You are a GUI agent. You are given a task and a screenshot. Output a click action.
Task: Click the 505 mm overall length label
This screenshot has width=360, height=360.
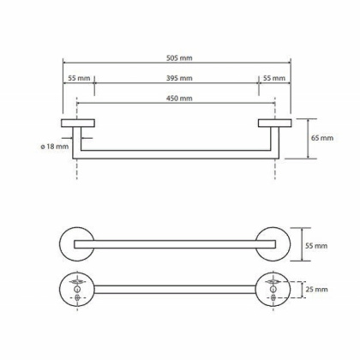click(x=179, y=58)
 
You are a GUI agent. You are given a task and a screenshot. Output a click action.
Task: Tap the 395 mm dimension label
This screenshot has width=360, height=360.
click(x=179, y=78)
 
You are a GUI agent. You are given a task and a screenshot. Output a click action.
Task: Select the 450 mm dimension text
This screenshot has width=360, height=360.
click(x=179, y=99)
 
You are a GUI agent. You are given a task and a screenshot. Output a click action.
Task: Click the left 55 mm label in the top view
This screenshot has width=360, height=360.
click(x=79, y=78)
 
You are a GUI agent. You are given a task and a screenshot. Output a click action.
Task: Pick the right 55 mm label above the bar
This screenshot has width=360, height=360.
click(x=274, y=78)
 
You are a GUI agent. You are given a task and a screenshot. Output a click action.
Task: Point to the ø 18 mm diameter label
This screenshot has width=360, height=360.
click(x=55, y=147)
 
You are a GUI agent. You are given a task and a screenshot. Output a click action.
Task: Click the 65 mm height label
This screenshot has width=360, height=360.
click(x=322, y=138)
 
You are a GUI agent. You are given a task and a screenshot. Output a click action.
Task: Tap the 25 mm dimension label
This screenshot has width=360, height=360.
click(x=316, y=290)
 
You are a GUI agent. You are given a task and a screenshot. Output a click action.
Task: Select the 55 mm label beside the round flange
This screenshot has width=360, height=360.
click(x=316, y=246)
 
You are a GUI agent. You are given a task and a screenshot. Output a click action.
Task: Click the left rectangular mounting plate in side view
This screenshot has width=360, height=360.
click(x=78, y=123)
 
